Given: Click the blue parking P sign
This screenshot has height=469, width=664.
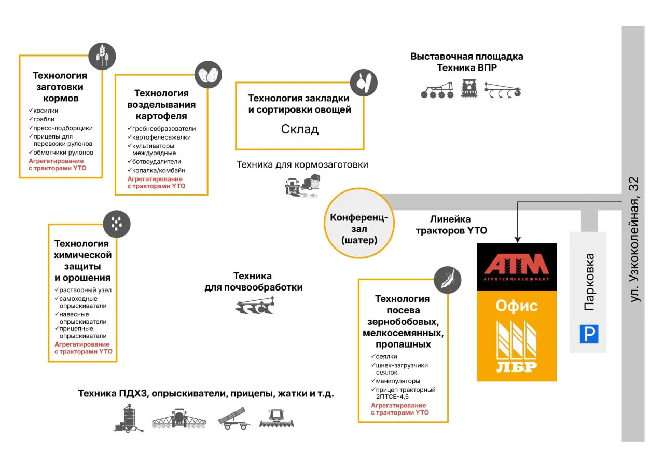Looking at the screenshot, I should point(589,334).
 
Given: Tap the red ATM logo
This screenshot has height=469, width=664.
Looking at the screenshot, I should point(516,264).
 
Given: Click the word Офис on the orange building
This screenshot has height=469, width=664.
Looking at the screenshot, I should point(516,306).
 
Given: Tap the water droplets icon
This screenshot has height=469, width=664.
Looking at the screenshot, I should point(117,224).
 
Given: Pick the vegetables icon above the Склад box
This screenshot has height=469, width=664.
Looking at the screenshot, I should point(363,82).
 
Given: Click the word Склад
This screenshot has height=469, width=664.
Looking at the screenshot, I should point(299,129).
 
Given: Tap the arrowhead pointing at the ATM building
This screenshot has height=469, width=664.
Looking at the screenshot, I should point(517,238).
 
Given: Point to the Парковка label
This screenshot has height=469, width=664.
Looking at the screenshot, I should point(589,282).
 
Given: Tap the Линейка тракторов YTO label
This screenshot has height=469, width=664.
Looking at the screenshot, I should point(451,225).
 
